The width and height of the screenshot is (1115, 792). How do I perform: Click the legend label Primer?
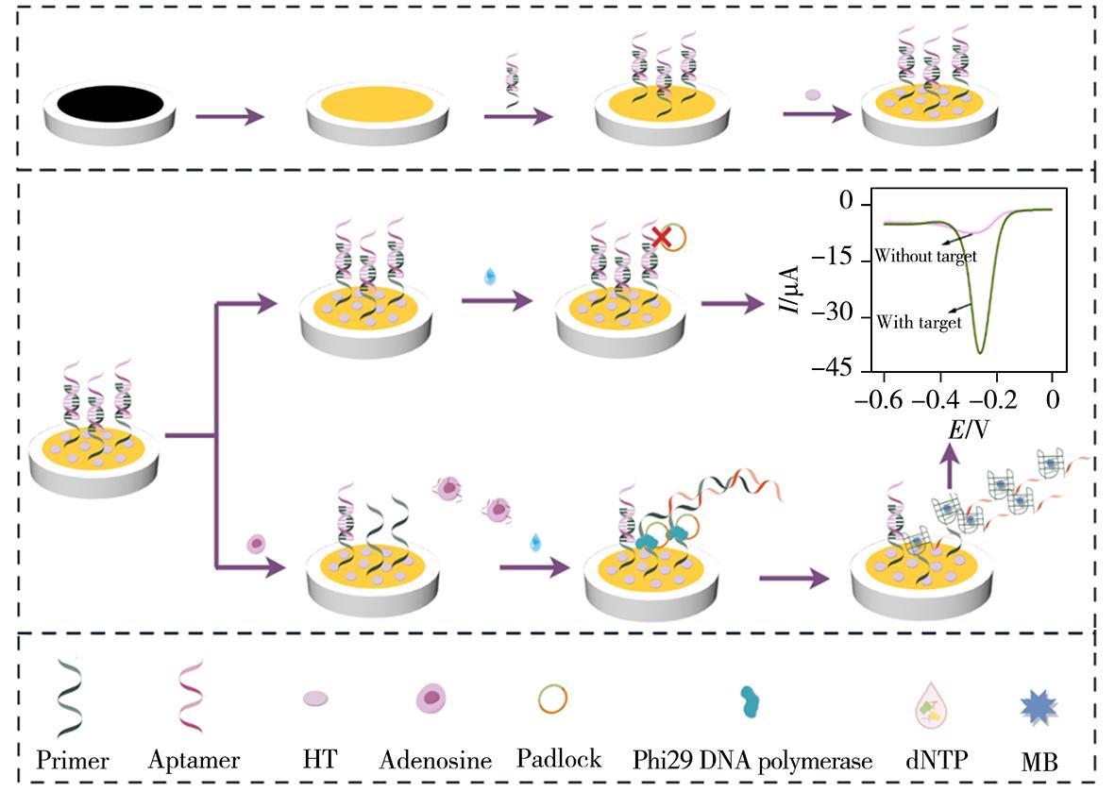(73, 760)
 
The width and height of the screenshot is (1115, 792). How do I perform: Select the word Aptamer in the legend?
(194, 760)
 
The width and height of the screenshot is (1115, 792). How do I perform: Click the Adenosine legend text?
(436, 760)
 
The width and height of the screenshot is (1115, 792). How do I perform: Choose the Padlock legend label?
(560, 759)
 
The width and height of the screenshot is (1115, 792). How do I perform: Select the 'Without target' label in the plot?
(925, 255)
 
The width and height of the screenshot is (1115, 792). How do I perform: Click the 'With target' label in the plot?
(919, 322)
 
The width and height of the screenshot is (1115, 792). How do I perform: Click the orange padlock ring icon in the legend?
(553, 699)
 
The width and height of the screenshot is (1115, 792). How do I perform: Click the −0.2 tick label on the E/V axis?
(996, 399)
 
